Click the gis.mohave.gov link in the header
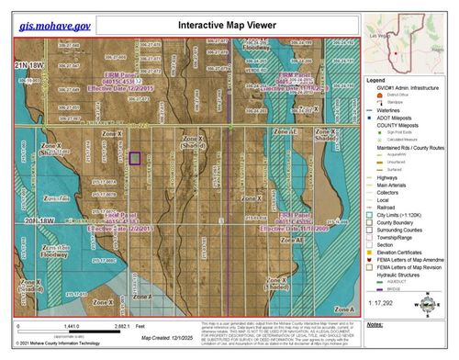tap(58, 17)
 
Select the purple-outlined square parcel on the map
tap(135, 158)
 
